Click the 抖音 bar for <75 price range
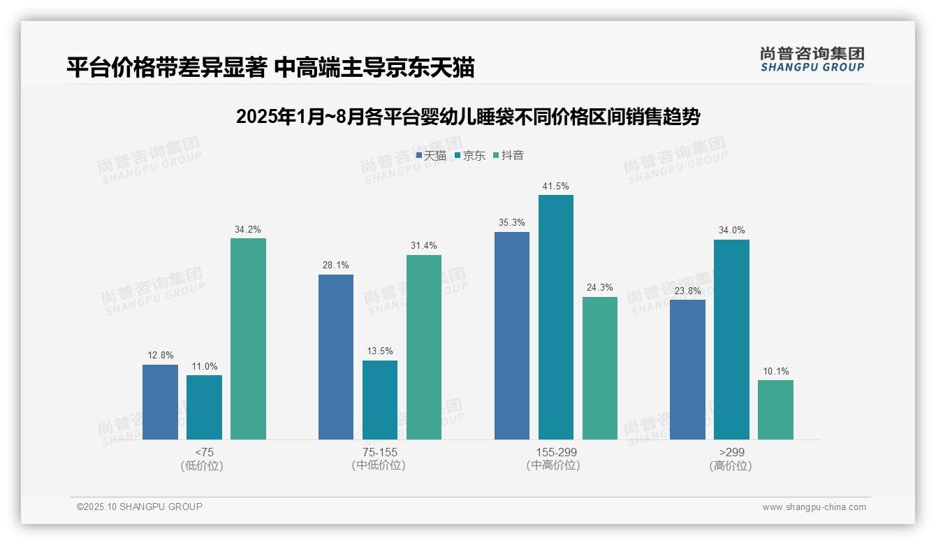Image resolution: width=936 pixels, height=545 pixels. pos(248,339)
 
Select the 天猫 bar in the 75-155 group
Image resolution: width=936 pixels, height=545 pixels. pos(336,357)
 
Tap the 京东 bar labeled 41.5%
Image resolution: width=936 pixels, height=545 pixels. pos(555,317)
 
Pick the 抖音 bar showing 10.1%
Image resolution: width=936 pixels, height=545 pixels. pos(775,409)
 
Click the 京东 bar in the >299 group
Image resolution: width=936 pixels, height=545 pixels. pos(731,340)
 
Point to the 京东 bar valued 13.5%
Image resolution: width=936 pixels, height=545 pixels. pos(380,400)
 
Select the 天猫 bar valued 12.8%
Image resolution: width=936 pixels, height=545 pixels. pos(160,402)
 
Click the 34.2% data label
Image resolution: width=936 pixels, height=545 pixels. pos(248,229)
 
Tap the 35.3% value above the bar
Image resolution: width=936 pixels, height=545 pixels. pos(512,223)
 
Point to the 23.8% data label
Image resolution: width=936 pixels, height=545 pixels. pos(687,291)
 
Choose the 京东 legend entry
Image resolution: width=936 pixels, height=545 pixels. pos(469,155)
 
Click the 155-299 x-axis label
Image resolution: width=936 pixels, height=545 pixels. pos(556,452)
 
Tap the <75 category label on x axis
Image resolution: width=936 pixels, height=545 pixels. pos(205,452)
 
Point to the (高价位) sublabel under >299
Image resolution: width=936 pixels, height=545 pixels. pos(731,465)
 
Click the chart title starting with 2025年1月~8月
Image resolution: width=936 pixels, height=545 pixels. pos(468,117)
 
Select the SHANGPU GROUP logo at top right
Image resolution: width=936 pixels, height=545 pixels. pos(812,59)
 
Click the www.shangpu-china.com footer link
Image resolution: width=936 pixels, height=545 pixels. pos(814,507)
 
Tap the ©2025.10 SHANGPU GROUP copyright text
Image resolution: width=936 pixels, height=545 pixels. pos(140,507)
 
